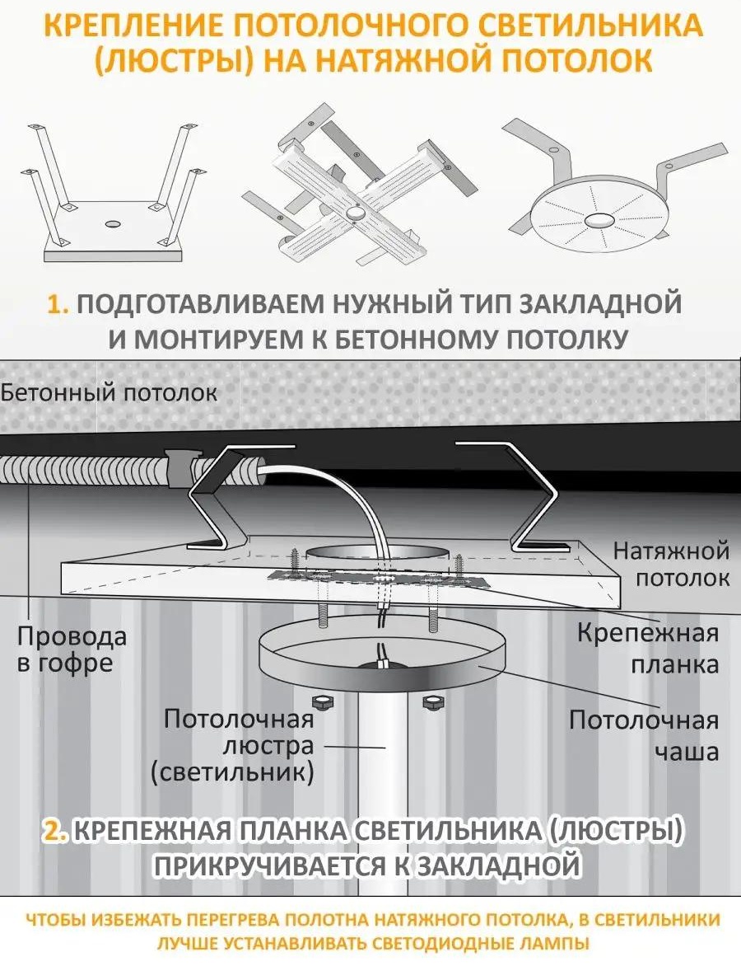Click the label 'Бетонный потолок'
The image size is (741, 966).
(x=109, y=392)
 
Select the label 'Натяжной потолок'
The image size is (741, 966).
(x=672, y=564)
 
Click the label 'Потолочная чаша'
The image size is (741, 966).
(x=644, y=735)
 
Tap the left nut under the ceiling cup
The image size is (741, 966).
(x=320, y=701)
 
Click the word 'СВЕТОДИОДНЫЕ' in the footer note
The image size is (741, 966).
(x=443, y=943)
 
